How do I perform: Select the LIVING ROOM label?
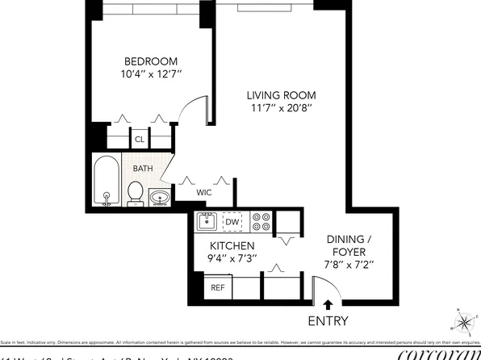(x=280, y=95)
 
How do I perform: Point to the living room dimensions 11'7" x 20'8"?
(x=280, y=109)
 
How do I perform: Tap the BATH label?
(x=143, y=169)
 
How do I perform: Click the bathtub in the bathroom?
(x=106, y=182)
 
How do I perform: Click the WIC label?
(x=204, y=194)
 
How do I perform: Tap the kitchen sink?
(x=206, y=222)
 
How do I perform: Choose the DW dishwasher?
(x=232, y=222)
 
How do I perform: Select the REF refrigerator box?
(x=218, y=287)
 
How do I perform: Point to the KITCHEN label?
(x=232, y=246)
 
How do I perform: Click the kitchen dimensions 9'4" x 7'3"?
(x=232, y=260)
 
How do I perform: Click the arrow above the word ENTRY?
(x=327, y=305)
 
